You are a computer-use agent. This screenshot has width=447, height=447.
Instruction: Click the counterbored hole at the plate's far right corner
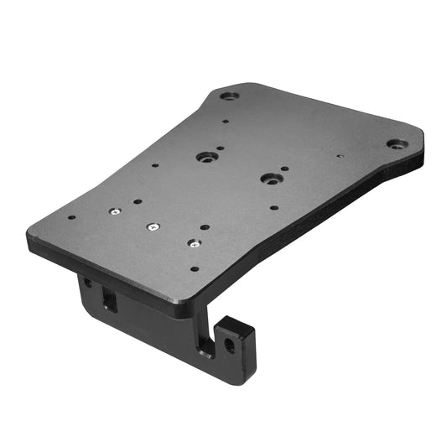[394, 144]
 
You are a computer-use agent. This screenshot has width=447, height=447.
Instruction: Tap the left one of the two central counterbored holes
[204, 157]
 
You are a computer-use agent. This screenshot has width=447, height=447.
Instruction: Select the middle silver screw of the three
[152, 226]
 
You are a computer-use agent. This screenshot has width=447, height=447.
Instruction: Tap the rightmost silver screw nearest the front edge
[193, 244]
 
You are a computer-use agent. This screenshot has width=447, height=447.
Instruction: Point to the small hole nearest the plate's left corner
[71, 217]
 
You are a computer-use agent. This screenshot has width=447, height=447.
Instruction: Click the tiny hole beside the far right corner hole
[340, 155]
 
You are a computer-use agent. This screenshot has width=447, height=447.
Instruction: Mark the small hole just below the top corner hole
[225, 121]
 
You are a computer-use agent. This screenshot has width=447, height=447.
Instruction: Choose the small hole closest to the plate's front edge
[195, 269]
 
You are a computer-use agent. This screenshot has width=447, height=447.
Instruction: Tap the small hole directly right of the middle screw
[202, 225]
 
